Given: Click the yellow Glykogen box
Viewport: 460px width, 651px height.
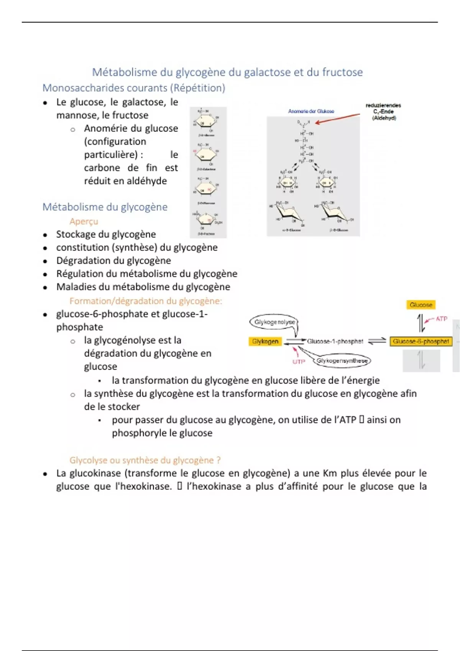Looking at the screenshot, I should [x=265, y=341].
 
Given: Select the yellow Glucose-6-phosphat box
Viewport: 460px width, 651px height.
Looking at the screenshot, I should [x=421, y=341].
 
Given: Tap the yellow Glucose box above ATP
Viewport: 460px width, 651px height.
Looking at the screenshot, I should [x=421, y=305].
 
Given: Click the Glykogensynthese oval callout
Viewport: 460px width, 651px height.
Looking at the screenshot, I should [x=342, y=361].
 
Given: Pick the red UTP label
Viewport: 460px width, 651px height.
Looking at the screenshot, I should [x=299, y=361].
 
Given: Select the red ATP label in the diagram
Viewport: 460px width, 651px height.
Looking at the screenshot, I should [x=441, y=319].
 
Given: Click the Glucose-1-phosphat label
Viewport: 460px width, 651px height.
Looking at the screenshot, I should [x=335, y=341].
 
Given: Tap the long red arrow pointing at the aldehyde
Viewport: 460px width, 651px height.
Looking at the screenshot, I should [x=337, y=118].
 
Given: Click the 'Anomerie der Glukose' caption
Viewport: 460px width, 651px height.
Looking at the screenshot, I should [x=311, y=111].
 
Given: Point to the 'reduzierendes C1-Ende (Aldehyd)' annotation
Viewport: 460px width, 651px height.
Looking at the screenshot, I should [x=383, y=111].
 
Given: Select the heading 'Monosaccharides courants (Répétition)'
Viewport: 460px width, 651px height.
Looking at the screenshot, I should [x=134, y=88].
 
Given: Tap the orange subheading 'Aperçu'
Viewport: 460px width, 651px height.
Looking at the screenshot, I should [x=84, y=221].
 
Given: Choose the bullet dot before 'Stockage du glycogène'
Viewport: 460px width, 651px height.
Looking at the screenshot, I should [x=45, y=235].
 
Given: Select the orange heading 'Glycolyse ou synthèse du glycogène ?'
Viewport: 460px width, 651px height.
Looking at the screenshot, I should [x=145, y=460].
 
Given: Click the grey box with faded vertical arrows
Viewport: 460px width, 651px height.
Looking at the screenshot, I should [x=421, y=361].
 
